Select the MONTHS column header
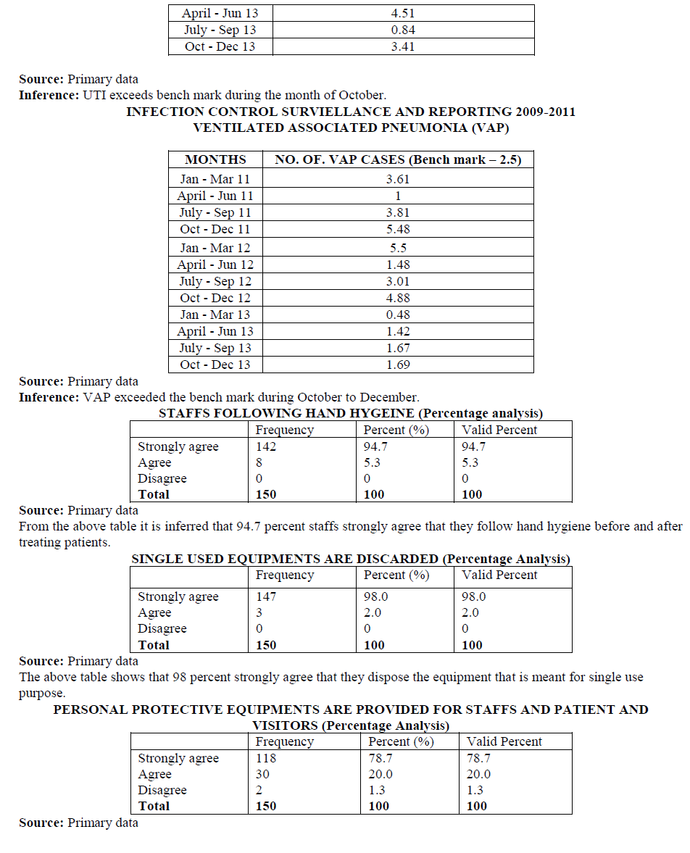(215, 159)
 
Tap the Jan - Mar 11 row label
(215, 179)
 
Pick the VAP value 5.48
(398, 229)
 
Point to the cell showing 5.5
(398, 248)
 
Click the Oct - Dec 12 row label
(215, 298)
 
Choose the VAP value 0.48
(398, 315)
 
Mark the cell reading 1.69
(398, 365)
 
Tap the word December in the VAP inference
(392, 397)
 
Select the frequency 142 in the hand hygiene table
(266, 447)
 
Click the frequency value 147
(266, 597)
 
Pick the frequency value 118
(266, 759)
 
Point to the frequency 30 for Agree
(263, 775)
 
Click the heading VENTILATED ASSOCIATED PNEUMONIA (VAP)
(351, 128)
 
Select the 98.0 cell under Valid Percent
(473, 597)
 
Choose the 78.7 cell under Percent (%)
(381, 759)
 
